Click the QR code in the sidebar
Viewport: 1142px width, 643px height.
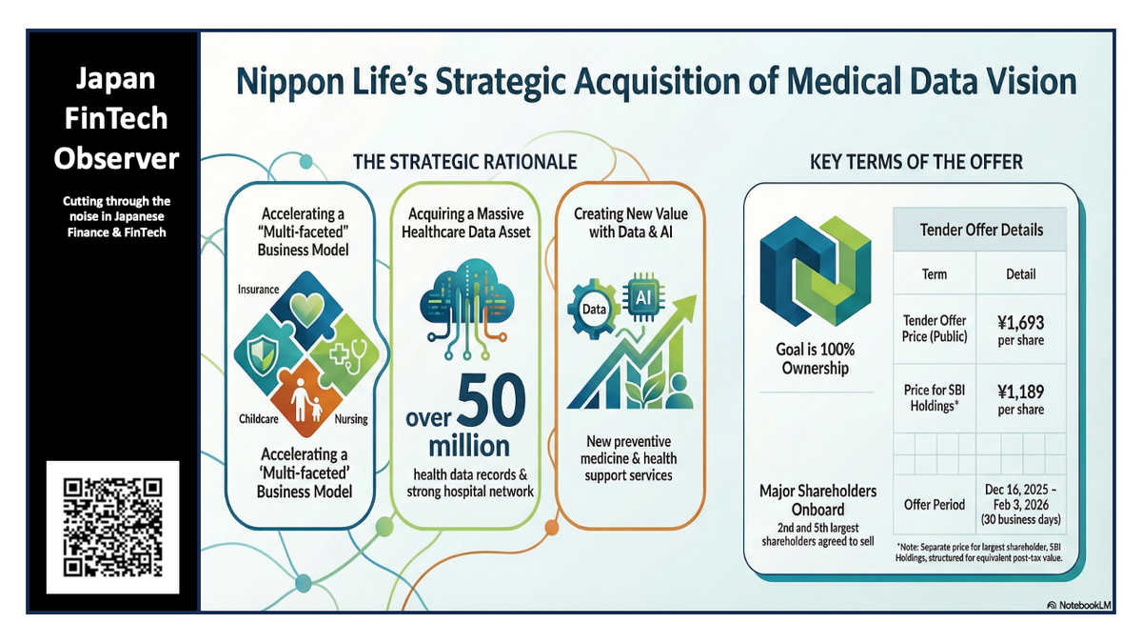click(112, 527)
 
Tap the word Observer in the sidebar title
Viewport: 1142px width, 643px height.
click(116, 157)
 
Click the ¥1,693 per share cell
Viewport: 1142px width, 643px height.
click(1020, 331)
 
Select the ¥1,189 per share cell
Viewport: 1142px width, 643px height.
click(1020, 399)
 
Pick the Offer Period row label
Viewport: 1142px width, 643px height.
click(935, 504)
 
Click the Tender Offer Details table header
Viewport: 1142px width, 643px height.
click(980, 230)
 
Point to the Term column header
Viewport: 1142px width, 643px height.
click(935, 274)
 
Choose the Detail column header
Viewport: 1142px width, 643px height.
click(1020, 274)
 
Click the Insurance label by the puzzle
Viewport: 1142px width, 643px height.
click(259, 290)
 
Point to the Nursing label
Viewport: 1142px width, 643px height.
click(351, 419)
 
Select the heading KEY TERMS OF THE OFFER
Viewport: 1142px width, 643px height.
click(916, 162)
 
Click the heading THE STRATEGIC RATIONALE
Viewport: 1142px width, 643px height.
click(464, 162)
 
